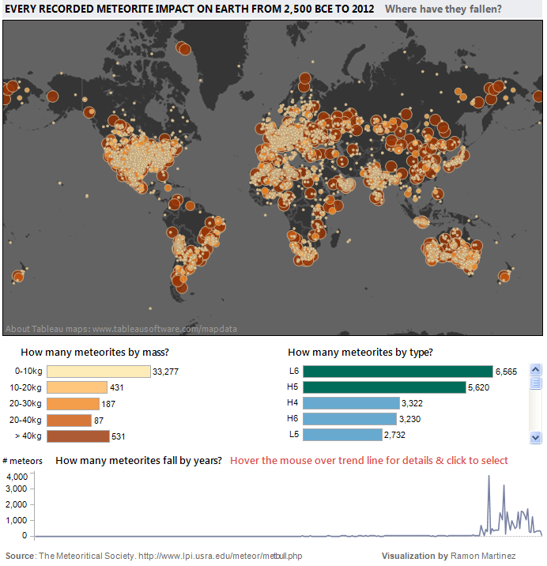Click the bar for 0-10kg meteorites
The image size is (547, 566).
coord(98,372)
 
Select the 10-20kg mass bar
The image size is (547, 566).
coord(77,387)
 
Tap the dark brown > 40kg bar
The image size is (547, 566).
coord(77,436)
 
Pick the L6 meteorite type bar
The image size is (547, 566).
coord(398,372)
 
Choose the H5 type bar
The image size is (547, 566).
coord(384,387)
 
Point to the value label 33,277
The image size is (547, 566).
coord(168,372)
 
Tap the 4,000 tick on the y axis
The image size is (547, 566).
coord(17,476)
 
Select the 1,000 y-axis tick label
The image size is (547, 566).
coord(17,520)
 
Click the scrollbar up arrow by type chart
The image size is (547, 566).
coord(535,369)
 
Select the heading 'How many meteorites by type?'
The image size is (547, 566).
coord(360,353)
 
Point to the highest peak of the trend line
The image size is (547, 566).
coord(489,477)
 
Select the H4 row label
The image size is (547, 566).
coord(293,403)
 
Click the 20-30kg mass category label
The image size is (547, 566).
coord(27,403)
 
